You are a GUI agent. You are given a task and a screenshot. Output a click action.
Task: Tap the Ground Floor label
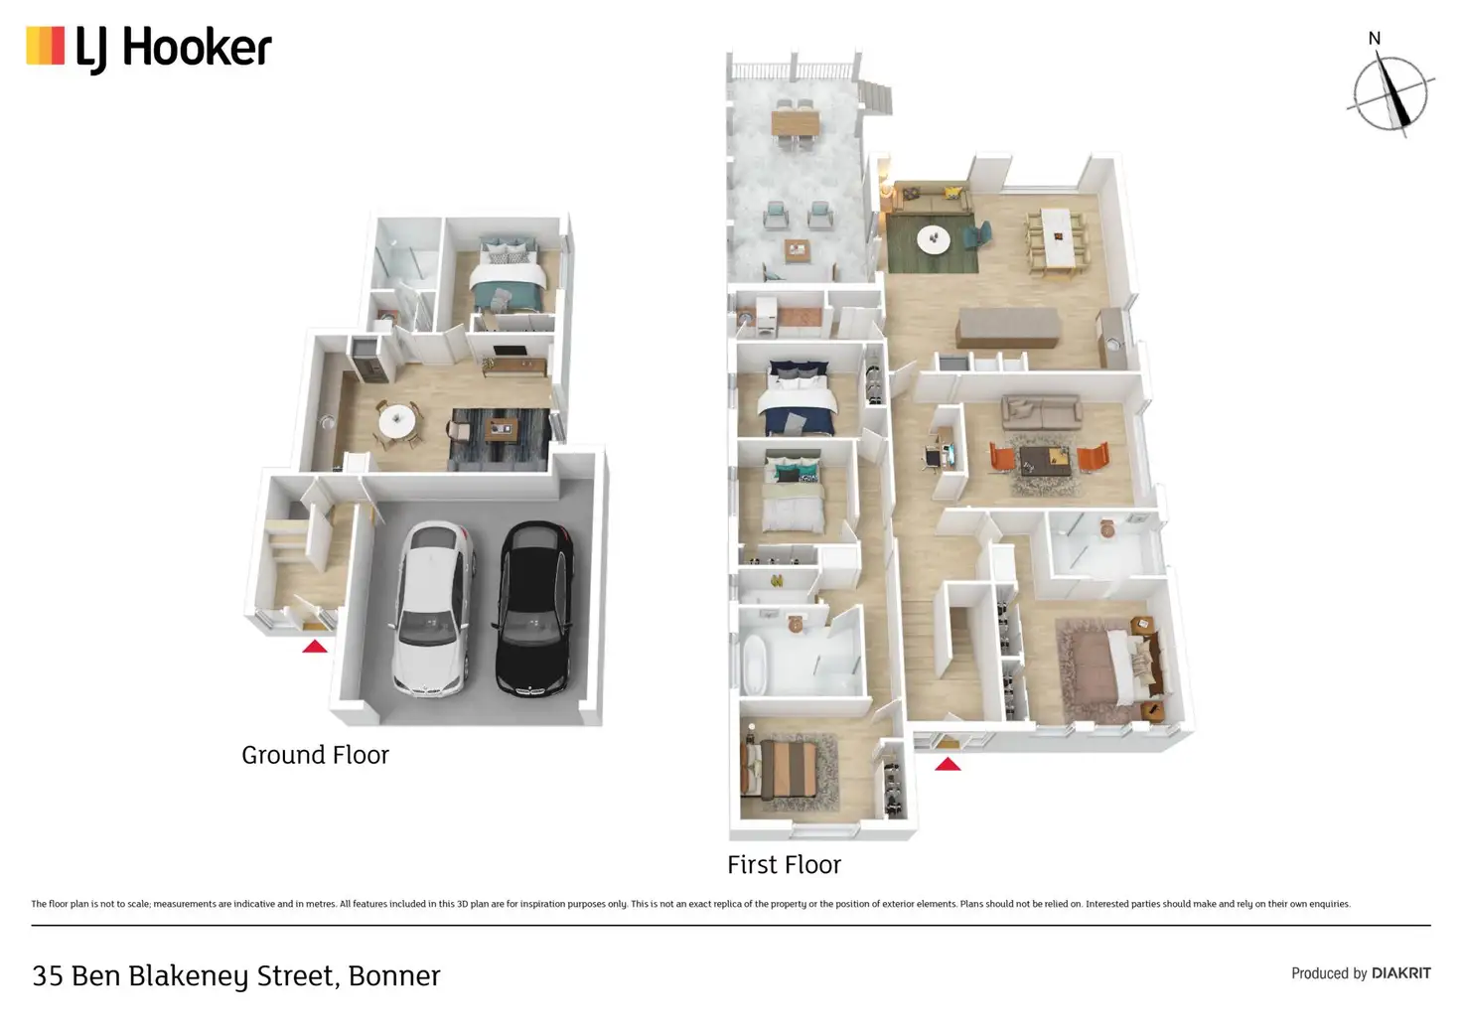315,755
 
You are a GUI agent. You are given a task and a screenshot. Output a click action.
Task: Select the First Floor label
784,865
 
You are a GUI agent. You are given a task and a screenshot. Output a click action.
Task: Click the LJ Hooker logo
149,48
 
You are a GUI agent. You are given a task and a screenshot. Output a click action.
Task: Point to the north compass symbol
1389,92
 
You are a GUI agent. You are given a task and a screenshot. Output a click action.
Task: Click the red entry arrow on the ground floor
315,647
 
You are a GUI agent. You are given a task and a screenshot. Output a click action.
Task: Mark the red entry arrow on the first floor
948,764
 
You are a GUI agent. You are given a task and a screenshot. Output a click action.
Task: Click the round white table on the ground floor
397,421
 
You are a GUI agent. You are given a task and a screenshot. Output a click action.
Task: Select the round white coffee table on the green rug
933,238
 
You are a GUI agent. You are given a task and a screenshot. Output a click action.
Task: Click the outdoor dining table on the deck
795,123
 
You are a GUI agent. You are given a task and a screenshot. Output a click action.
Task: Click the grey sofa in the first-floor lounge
1041,409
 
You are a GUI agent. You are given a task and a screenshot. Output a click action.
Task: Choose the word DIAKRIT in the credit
1400,973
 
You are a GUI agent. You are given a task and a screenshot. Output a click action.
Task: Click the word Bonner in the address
394,976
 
